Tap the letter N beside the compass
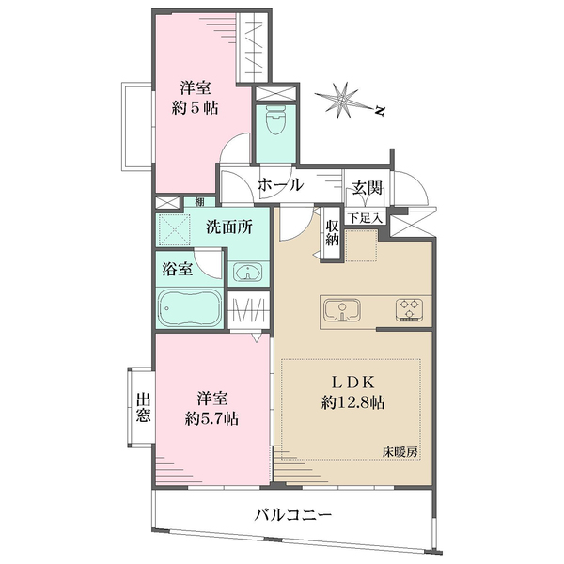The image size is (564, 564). click(380, 111)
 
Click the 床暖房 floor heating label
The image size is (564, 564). click(400, 452)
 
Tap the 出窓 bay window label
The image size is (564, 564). click(143, 407)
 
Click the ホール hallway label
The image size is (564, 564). click(280, 185)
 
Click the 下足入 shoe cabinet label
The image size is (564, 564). click(366, 219)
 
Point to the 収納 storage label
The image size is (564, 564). click(333, 231)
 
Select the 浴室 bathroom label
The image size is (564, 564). click(179, 268)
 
